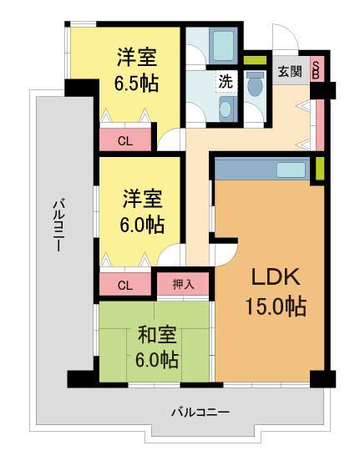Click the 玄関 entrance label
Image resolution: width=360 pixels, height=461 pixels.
pyautogui.click(x=290, y=72)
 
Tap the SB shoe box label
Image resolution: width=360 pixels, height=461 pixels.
pyautogui.click(x=316, y=69)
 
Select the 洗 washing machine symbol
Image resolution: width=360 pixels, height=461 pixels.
pyautogui.click(x=226, y=82)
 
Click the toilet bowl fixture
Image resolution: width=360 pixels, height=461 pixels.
pyautogui.click(x=255, y=84)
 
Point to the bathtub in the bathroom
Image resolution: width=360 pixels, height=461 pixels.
pyautogui.click(x=223, y=46)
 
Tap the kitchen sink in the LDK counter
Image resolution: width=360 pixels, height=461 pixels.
pyautogui.click(x=292, y=170)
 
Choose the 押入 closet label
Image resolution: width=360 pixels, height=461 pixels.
pyautogui.click(x=183, y=284)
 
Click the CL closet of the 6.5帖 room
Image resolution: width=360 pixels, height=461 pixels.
pyautogui.click(x=125, y=140)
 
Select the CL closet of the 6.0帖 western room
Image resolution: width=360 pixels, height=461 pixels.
pyautogui.click(x=125, y=285)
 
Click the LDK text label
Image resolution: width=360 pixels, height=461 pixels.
pyautogui.click(x=276, y=276)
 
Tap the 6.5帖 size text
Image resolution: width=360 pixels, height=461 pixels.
pyautogui.click(x=136, y=84)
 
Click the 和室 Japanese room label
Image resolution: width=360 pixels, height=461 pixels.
pyautogui.click(x=157, y=335)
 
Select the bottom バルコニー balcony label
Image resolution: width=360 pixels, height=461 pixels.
pyautogui.click(x=200, y=413)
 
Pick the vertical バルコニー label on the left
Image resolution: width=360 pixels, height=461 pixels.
pyautogui.click(x=58, y=225)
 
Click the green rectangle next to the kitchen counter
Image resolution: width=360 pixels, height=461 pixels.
pyautogui.click(x=320, y=169)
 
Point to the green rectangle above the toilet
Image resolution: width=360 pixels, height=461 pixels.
pyautogui.click(x=255, y=60)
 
